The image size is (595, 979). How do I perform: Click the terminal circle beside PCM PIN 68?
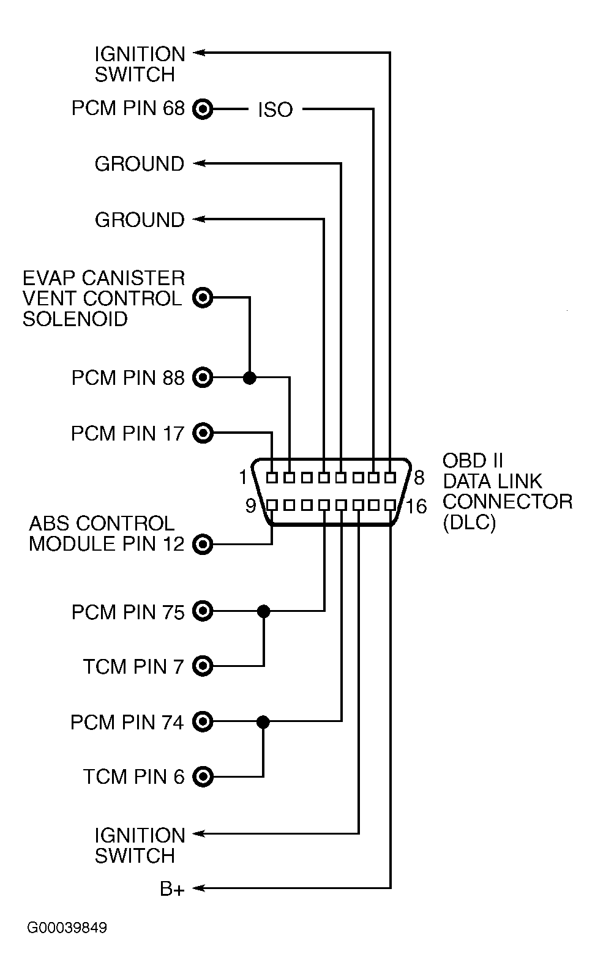point(203,110)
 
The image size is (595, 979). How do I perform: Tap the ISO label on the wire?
point(275,110)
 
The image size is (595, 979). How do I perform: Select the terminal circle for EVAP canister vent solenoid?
point(203,298)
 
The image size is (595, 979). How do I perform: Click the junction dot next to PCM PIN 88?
point(249,378)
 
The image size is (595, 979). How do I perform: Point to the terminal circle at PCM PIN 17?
point(203,433)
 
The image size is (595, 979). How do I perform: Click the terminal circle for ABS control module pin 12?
point(203,543)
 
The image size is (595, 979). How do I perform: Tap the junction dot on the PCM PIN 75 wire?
point(263,611)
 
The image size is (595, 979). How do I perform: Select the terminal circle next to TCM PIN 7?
point(203,666)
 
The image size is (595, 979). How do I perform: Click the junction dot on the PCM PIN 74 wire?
point(263,721)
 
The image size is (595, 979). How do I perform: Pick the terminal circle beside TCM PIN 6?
point(203,776)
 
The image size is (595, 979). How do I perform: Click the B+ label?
point(172,888)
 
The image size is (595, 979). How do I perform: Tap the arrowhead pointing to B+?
point(198,887)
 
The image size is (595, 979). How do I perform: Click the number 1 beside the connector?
point(243,477)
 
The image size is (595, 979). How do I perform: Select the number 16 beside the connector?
point(416,507)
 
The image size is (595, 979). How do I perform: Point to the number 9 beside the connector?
point(250,506)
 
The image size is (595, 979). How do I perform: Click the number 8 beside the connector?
point(419,477)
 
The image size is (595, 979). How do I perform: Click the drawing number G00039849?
point(67,928)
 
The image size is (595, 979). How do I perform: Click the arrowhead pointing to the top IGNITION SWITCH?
point(198,53)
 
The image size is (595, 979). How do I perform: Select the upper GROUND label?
point(139,164)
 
